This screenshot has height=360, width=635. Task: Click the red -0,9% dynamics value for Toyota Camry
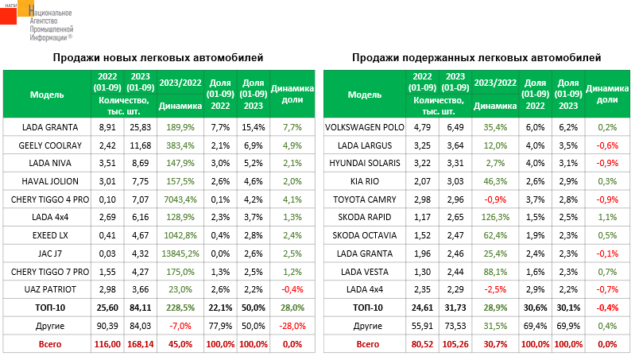click(494, 199)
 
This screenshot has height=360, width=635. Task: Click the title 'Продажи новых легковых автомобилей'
click(157, 58)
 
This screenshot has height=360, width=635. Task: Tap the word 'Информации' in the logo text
click(48, 37)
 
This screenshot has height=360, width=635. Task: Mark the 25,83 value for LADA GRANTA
click(140, 127)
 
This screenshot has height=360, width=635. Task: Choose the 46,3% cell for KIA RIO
click(494, 181)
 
